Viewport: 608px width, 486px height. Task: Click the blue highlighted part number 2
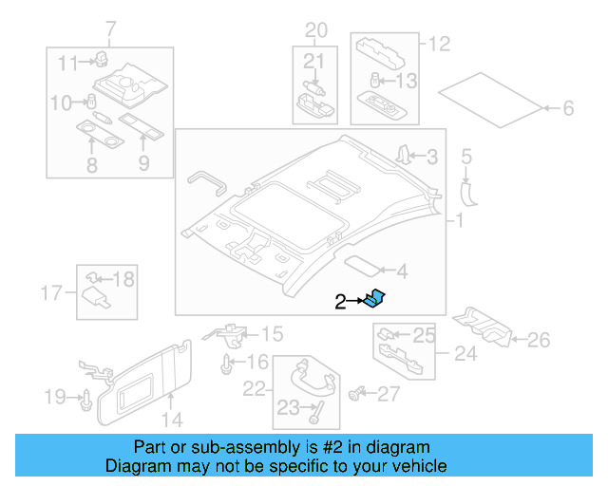[377, 299]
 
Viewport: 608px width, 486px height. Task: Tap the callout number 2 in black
[341, 302]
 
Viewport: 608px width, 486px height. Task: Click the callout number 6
[568, 109]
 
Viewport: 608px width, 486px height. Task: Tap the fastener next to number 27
[359, 393]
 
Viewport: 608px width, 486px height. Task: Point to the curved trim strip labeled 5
[466, 190]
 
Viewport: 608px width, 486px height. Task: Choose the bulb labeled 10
[93, 102]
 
